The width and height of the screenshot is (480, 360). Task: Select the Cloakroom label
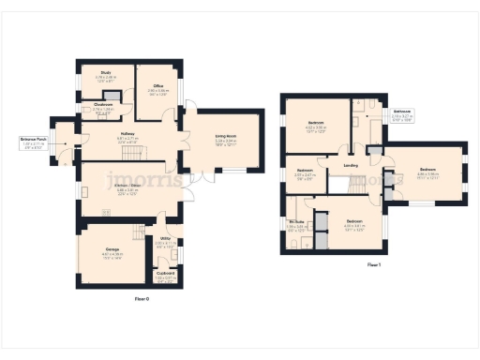[x=102, y=104]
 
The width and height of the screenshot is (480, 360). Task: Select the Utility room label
[x=165, y=239]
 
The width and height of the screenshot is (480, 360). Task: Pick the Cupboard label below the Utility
[x=165, y=273]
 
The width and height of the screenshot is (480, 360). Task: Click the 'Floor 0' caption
[x=142, y=297]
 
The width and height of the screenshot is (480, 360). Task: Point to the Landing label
[x=351, y=166]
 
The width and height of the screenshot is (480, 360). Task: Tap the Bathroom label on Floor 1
[x=403, y=111]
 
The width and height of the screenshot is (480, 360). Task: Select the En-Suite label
[x=297, y=221]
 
